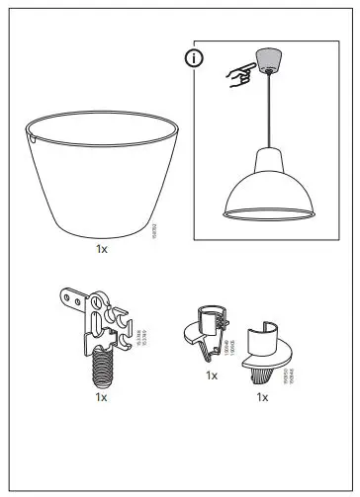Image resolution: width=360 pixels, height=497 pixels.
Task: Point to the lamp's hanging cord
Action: click(x=267, y=109)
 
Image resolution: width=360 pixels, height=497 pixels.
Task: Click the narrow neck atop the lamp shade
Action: click(x=267, y=154)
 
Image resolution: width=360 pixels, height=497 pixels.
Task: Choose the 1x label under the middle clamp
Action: click(x=211, y=375)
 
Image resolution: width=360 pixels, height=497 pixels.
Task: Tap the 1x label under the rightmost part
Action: click(x=262, y=396)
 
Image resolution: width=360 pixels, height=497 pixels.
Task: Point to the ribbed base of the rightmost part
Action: click(x=261, y=372)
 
